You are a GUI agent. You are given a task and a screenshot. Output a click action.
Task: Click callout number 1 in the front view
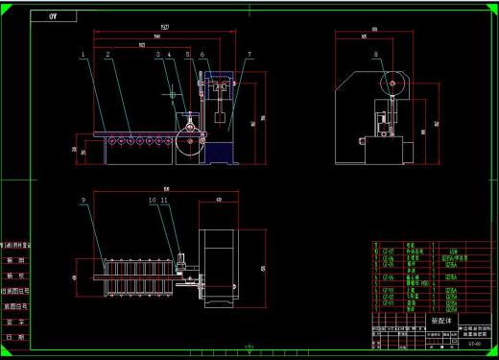click(x=84, y=56)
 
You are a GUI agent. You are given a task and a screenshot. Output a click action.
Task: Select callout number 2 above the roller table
click(x=107, y=56)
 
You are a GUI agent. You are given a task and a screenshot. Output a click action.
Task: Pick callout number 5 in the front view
click(x=188, y=56)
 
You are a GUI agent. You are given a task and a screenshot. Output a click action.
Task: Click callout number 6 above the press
click(x=202, y=56)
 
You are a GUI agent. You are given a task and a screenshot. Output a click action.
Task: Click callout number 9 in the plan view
click(x=84, y=200)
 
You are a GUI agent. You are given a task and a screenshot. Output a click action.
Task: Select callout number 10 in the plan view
click(x=152, y=200)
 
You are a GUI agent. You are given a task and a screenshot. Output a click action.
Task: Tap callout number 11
click(x=164, y=200)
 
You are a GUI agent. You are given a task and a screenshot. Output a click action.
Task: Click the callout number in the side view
click(x=375, y=55)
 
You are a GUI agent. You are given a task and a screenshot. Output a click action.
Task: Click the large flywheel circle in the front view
click(x=189, y=144)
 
